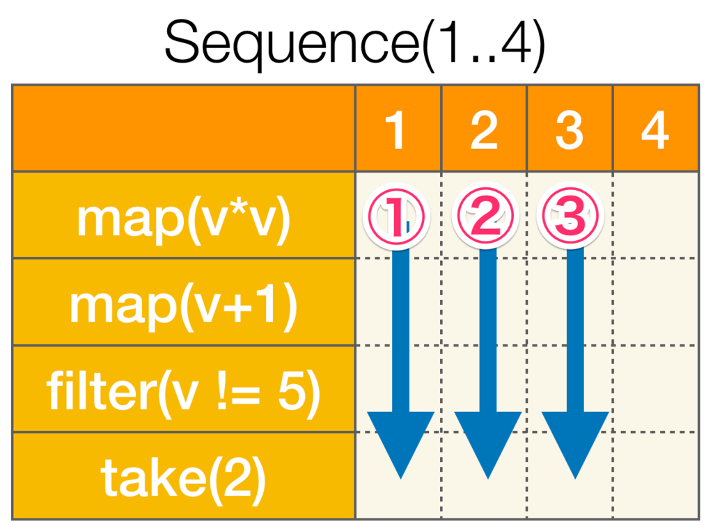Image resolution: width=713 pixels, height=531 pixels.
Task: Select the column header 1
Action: [397, 130]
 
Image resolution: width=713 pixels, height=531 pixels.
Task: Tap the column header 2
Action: [484, 130]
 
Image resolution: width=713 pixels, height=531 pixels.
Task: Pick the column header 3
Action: [570, 130]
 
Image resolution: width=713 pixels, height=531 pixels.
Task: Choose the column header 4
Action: [655, 130]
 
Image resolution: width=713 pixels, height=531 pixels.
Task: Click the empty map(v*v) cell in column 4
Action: [655, 216]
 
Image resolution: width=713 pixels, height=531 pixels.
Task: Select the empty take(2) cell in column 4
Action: [655, 476]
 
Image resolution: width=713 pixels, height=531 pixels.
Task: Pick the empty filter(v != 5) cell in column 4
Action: [655, 389]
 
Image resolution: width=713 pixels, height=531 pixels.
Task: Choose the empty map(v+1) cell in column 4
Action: [655, 302]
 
